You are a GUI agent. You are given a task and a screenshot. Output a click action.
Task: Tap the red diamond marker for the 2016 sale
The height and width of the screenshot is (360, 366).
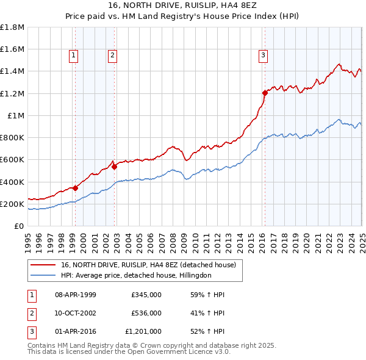pos(265,93)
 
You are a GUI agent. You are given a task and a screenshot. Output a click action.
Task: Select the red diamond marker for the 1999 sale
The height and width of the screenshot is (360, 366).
pos(75,188)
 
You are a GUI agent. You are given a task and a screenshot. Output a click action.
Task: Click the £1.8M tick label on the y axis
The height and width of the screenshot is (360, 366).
pos(12,27)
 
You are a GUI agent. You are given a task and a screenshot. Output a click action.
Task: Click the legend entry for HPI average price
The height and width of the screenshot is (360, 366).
pos(135,275)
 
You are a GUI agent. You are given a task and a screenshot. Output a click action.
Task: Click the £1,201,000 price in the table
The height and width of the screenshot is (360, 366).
pos(144,331)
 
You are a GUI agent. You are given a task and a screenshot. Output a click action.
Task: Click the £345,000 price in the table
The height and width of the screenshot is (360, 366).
pos(146,295)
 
